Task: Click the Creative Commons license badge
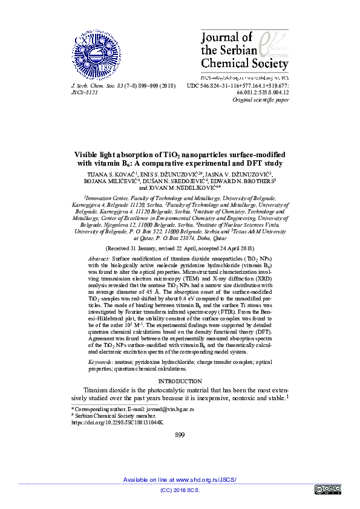[x=328, y=489]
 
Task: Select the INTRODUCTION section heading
[x=180, y=381]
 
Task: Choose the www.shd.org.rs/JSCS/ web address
[x=206, y=479]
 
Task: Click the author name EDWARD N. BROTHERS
[x=245, y=180]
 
